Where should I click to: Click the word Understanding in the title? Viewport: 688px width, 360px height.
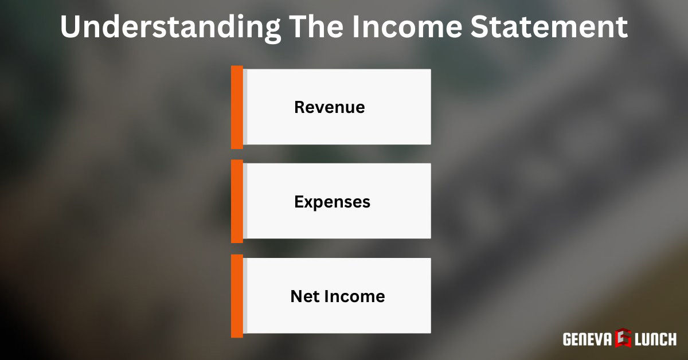(x=170, y=28)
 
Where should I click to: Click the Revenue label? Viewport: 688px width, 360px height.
(x=330, y=107)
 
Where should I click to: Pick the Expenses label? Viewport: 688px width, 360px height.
(x=332, y=202)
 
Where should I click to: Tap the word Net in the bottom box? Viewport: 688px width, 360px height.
(x=304, y=296)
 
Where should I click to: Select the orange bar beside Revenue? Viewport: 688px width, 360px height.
(x=237, y=107)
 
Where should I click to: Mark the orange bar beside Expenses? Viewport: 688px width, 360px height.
(x=237, y=201)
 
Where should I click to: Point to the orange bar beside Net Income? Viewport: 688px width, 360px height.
(x=237, y=296)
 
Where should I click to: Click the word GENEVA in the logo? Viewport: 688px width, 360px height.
(x=586, y=339)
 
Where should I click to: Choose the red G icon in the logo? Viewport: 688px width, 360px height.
(x=623, y=339)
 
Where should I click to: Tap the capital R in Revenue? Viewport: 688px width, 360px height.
(x=300, y=107)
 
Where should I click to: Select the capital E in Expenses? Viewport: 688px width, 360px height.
(x=299, y=202)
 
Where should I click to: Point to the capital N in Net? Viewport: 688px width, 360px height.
(x=296, y=296)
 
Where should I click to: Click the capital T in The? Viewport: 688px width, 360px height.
(x=297, y=28)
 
